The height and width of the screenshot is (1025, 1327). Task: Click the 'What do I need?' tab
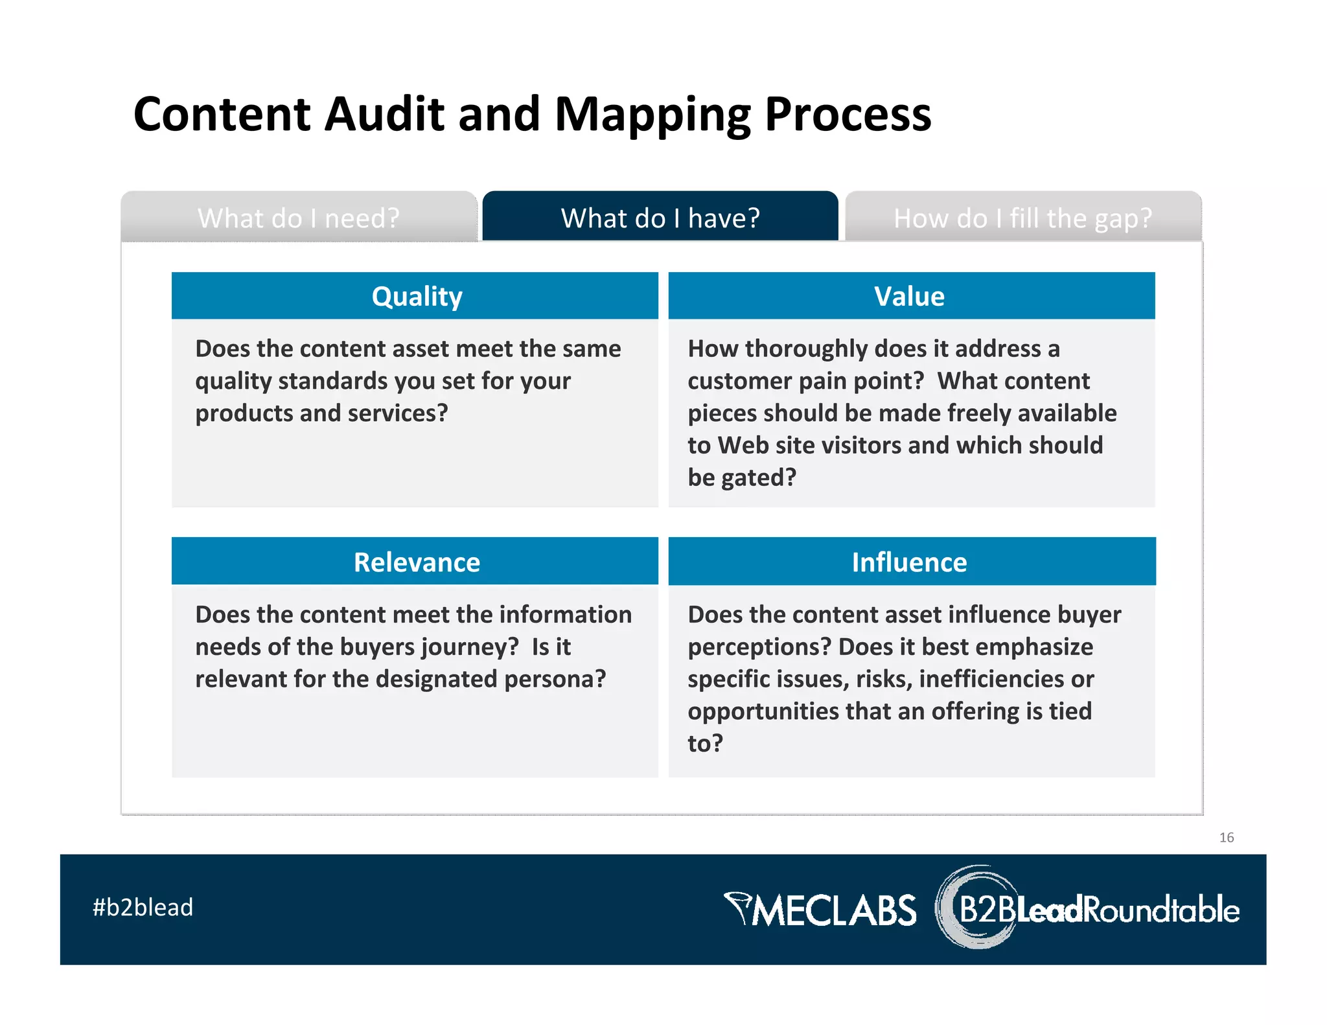299,218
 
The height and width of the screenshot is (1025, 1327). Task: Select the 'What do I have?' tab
660,218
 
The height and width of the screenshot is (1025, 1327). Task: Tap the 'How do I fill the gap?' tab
1022,218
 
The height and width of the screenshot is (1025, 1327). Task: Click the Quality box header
417,296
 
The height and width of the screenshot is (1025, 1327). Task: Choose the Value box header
910,296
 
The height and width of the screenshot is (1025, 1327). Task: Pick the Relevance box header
417,562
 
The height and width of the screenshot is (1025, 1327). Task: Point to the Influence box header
910,562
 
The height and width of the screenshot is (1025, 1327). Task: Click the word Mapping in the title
653,114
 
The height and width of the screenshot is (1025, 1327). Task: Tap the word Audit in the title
384,114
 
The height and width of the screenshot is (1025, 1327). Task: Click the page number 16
1226,837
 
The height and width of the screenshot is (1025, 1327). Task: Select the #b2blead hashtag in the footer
143,907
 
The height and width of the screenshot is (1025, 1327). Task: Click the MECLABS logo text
822,910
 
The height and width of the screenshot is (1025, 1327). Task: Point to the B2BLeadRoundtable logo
1089,908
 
